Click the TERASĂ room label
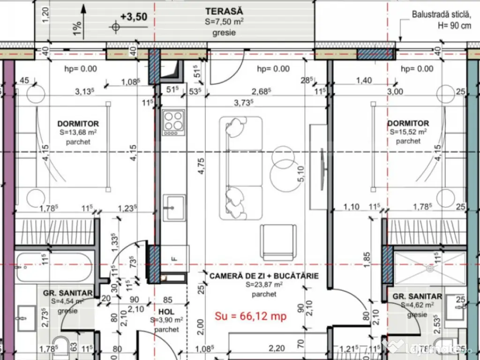(x=224, y=11)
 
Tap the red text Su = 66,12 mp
(x=250, y=316)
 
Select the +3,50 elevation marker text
(x=134, y=17)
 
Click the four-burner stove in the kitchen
(x=173, y=120)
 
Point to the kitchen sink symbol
(x=173, y=205)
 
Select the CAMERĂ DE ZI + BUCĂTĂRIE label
(x=264, y=276)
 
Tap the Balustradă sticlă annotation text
(x=441, y=15)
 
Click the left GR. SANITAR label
(x=67, y=293)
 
